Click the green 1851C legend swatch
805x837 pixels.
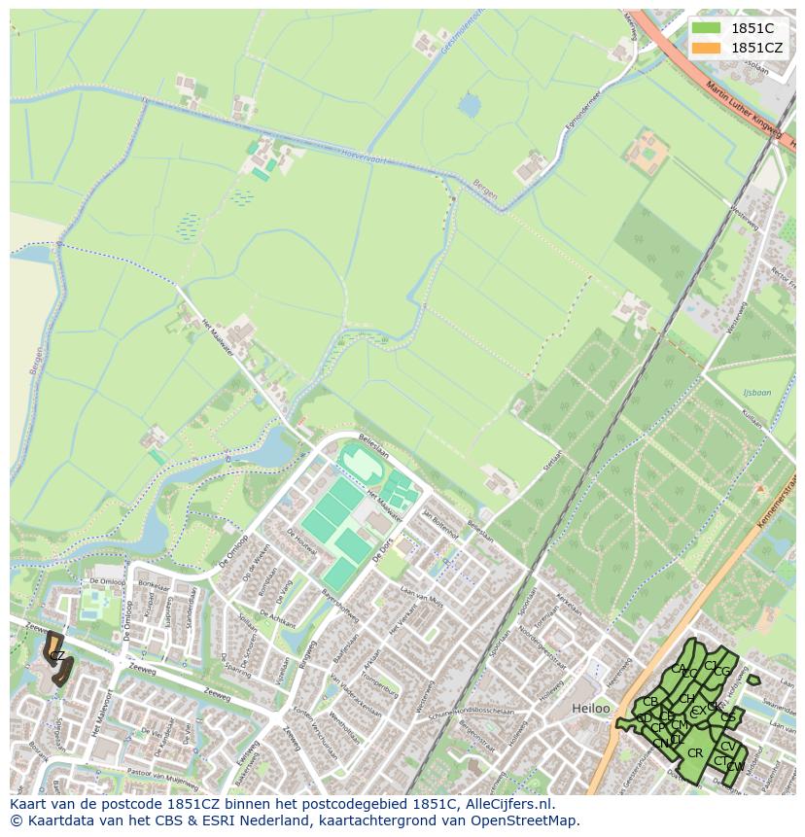(x=706, y=28)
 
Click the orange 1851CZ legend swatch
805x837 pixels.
(x=706, y=48)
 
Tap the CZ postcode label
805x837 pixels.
(x=57, y=656)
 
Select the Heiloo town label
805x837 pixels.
(x=591, y=709)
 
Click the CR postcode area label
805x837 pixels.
(x=695, y=752)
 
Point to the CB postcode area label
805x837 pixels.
(x=650, y=702)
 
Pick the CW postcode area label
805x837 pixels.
(x=735, y=767)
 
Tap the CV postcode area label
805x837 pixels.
(x=727, y=747)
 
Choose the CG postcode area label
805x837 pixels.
(x=722, y=672)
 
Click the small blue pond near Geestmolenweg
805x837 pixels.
(x=470, y=104)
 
